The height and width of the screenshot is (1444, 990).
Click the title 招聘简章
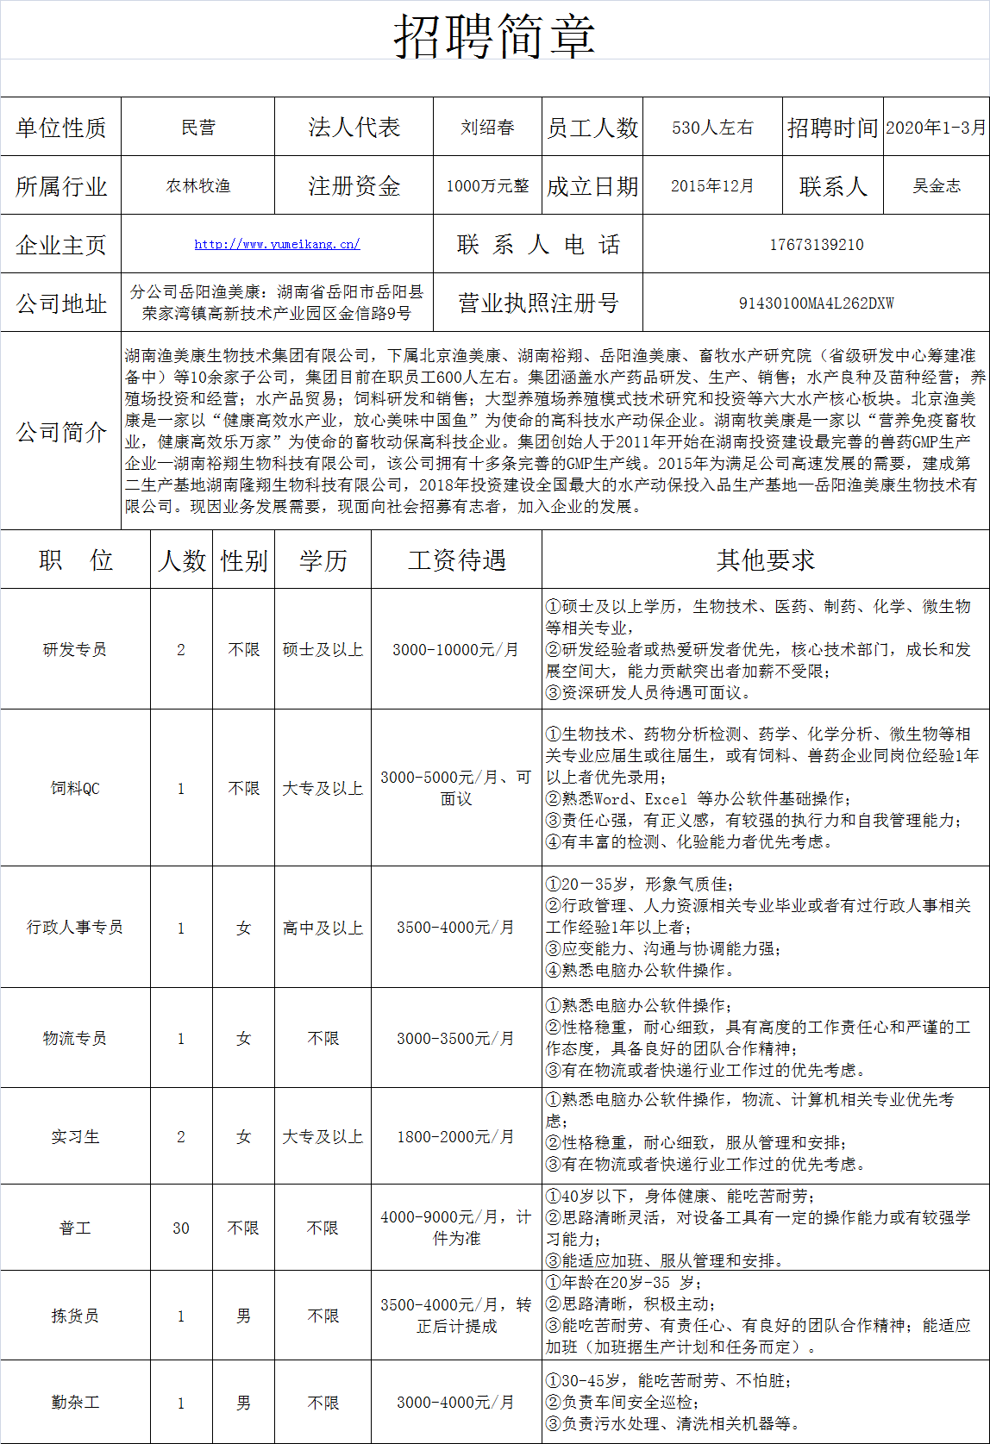(494, 36)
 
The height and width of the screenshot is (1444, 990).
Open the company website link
(277, 244)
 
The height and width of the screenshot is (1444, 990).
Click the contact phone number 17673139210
(816, 245)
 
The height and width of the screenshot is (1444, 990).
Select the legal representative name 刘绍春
(487, 128)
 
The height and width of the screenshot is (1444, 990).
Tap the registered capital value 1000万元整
(487, 186)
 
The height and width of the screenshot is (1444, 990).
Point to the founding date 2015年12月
(712, 186)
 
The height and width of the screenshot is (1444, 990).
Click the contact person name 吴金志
(937, 186)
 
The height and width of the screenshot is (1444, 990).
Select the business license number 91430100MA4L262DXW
(816, 303)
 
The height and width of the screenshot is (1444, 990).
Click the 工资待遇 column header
(456, 560)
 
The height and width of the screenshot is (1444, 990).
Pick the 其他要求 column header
(765, 560)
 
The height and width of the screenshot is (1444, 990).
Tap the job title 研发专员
(75, 649)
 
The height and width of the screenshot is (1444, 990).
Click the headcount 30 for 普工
(181, 1228)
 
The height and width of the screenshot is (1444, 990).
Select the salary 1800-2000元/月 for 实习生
(456, 1137)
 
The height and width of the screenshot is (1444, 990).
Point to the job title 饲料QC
(75, 788)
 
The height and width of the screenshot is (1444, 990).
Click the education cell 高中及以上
(323, 928)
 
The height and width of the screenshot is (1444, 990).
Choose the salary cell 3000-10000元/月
(456, 649)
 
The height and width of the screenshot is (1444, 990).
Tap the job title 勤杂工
(75, 1403)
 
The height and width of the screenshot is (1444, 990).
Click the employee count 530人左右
(712, 128)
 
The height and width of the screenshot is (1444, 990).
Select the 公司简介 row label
(61, 432)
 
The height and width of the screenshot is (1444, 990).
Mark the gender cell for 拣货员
(244, 1316)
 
